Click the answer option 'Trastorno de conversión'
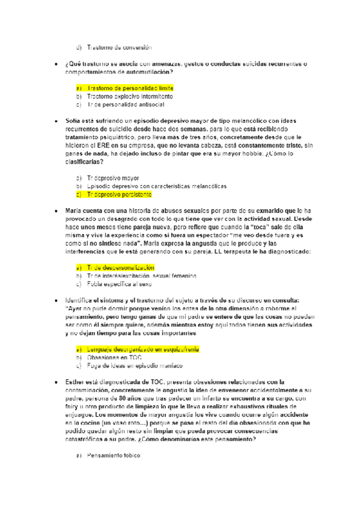pyautogui.click(x=120, y=47)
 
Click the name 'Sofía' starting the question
pyautogui.click(x=73, y=120)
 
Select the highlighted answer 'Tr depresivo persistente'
pyautogui.click(x=120, y=194)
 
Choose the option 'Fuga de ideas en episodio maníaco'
pyautogui.click(x=133, y=366)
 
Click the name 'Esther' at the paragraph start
pyautogui.click(x=75, y=381)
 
